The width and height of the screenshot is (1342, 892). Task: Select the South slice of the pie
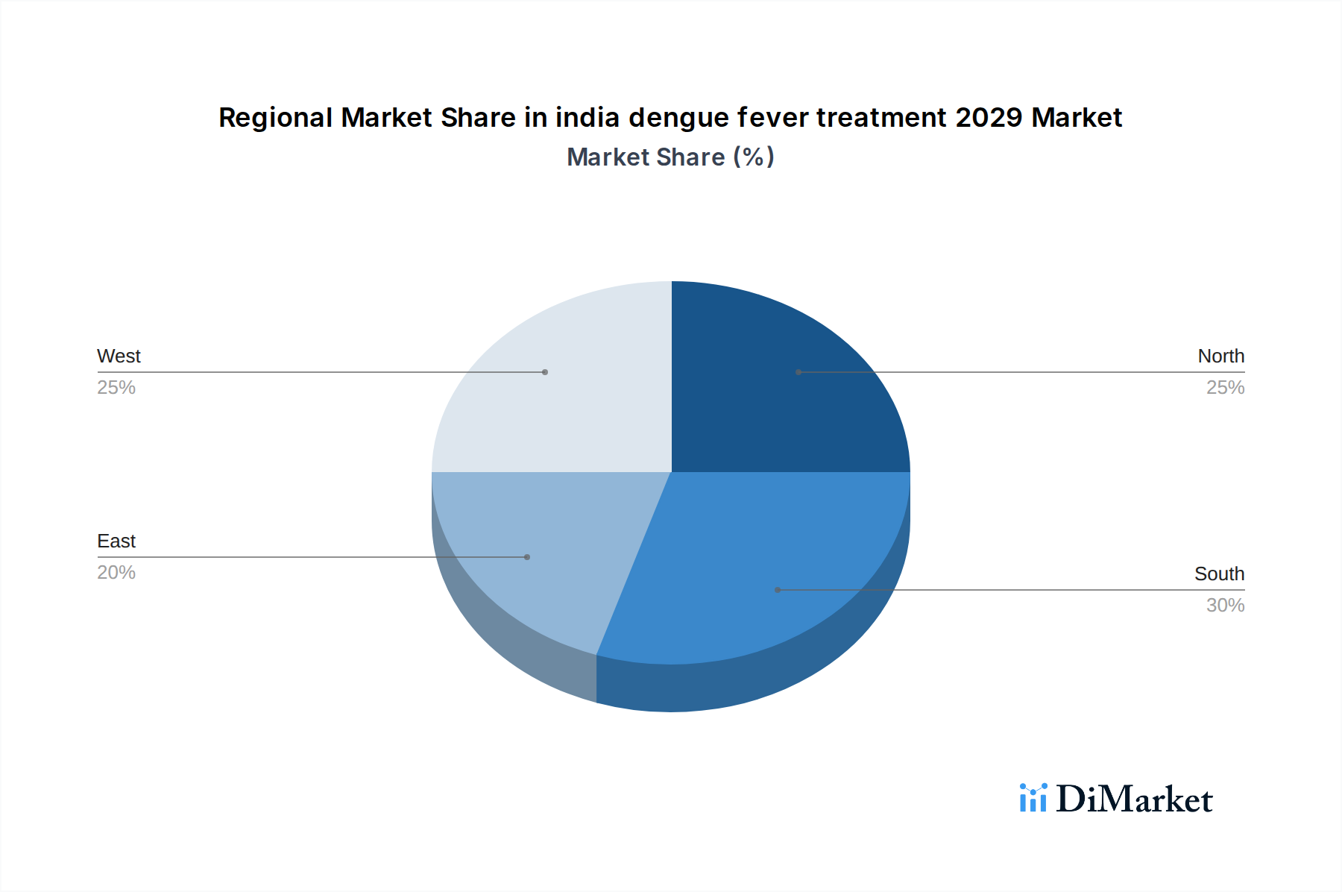pyautogui.click(x=753, y=567)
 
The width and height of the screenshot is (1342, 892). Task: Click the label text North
pyautogui.click(x=1220, y=357)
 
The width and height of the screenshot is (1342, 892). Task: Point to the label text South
pyautogui.click(x=1219, y=574)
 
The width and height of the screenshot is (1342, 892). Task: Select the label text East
pyautogui.click(x=116, y=541)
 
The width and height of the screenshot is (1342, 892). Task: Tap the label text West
pyautogui.click(x=119, y=357)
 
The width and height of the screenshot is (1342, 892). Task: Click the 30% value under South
pyautogui.click(x=1225, y=606)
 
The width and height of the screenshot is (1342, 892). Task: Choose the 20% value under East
pyautogui.click(x=116, y=573)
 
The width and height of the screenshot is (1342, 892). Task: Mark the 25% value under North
pyautogui.click(x=1225, y=388)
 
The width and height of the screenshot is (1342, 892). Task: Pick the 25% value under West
pyautogui.click(x=116, y=388)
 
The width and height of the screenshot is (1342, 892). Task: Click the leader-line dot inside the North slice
pyautogui.click(x=798, y=372)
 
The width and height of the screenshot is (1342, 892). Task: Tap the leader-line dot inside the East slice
pyautogui.click(x=527, y=557)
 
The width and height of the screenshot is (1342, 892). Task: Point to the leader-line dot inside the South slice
pyautogui.click(x=778, y=590)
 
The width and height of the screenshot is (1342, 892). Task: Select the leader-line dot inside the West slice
pyautogui.click(x=545, y=372)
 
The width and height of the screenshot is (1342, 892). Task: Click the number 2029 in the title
pyautogui.click(x=989, y=118)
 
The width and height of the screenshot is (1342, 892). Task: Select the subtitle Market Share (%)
pyautogui.click(x=670, y=157)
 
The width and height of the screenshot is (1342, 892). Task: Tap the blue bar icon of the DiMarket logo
pyautogui.click(x=1033, y=799)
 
